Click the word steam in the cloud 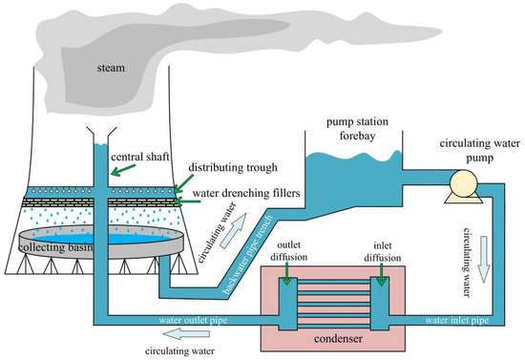click(111, 68)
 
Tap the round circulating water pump click(463, 182)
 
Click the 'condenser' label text click(338, 339)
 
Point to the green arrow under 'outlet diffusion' click(287, 274)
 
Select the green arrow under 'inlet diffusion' click(381, 275)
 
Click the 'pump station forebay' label click(357, 129)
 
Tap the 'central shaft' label click(140, 157)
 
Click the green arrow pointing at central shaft click(123, 170)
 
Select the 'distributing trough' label click(233, 167)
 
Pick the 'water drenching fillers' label click(246, 193)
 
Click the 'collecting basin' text click(55, 247)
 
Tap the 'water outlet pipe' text click(193, 320)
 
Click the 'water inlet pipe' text click(457, 320)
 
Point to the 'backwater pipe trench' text click(247, 255)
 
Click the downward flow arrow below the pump click(484, 259)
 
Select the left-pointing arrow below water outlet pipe click(186, 333)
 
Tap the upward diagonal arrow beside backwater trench click(233, 231)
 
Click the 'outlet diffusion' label click(289, 251)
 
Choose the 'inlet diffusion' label click(383, 252)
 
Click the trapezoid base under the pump click(463, 199)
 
